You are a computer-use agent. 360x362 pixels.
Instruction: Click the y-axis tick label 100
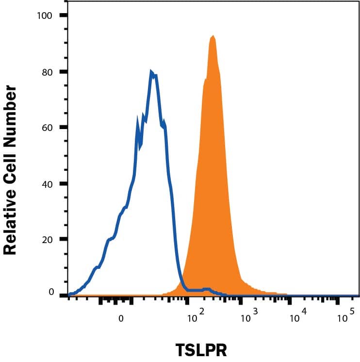(45, 16)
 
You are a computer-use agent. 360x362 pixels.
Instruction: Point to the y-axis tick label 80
(47, 72)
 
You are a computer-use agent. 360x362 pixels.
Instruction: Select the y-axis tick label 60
(47, 128)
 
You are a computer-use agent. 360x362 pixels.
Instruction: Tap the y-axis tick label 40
(47, 184)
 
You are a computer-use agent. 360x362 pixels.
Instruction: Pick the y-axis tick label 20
(47, 239)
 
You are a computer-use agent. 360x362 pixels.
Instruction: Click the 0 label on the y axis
(50, 292)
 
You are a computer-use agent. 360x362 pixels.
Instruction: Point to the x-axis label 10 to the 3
(247, 317)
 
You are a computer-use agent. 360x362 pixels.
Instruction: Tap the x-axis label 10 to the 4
(295, 317)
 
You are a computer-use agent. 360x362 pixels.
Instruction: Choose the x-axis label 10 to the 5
(344, 317)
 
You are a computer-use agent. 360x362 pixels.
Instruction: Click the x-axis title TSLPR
(202, 349)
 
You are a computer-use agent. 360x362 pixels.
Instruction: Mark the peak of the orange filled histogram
(213, 36)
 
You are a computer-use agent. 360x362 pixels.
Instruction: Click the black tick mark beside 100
(63, 16)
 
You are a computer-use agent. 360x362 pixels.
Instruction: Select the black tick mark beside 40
(63, 184)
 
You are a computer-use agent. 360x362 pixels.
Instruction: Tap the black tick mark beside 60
(63, 128)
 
